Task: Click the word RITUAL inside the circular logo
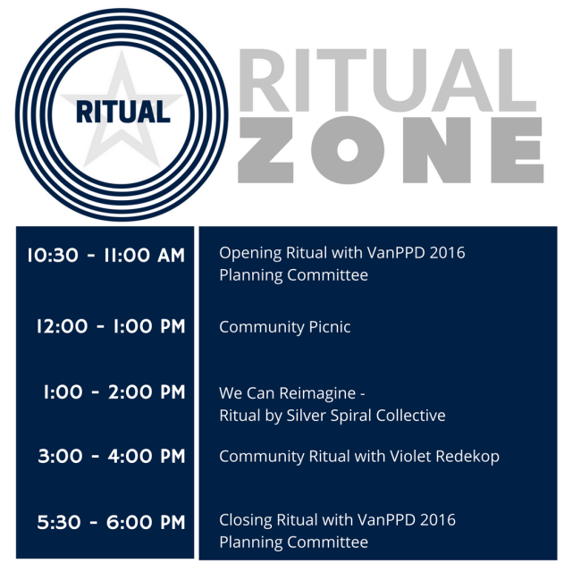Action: (x=122, y=111)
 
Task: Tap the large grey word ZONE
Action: (x=390, y=150)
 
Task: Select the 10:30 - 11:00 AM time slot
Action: (x=105, y=256)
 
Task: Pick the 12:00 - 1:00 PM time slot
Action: (x=111, y=326)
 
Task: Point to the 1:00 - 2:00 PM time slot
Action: (x=114, y=392)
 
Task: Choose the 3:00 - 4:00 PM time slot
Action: (x=112, y=457)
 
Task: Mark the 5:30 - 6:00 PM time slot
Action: (x=112, y=522)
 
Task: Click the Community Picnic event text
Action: (x=285, y=327)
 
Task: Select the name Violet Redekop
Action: (x=444, y=457)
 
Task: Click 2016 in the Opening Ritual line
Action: (x=446, y=253)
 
